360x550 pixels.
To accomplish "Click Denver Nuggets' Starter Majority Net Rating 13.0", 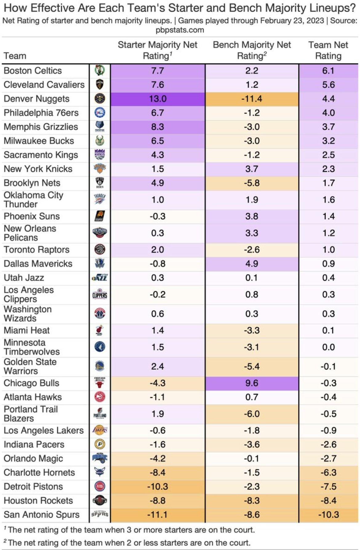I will [x=158, y=99].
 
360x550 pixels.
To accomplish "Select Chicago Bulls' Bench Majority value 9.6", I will [x=252, y=383].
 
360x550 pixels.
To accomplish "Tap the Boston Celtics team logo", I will [x=100, y=71].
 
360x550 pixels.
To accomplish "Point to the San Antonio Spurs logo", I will [x=100, y=515].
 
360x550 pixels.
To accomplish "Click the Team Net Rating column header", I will [x=328, y=50].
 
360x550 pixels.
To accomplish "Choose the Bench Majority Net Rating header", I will [x=252, y=50].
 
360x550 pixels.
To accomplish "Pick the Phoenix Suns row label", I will [x=32, y=216].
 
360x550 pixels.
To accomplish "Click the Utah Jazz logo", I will [x=100, y=278].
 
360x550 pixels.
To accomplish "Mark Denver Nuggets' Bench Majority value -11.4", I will [x=252, y=99].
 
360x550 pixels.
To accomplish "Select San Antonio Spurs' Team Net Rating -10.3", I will [x=328, y=515].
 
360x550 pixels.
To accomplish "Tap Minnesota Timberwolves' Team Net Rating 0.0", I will [x=328, y=347].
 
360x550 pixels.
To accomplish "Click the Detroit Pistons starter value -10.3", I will [x=158, y=487].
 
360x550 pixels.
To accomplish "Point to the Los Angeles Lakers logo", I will [x=100, y=430].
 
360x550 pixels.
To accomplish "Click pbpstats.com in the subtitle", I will [x=180, y=30].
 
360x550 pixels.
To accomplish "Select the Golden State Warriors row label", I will [x=30, y=366].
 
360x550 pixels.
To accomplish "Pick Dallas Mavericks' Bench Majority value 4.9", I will [x=252, y=264].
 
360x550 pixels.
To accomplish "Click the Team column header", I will [x=15, y=56].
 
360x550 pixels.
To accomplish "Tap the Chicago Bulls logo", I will [x=100, y=383].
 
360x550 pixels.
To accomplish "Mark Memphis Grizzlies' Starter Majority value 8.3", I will [x=158, y=127].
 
